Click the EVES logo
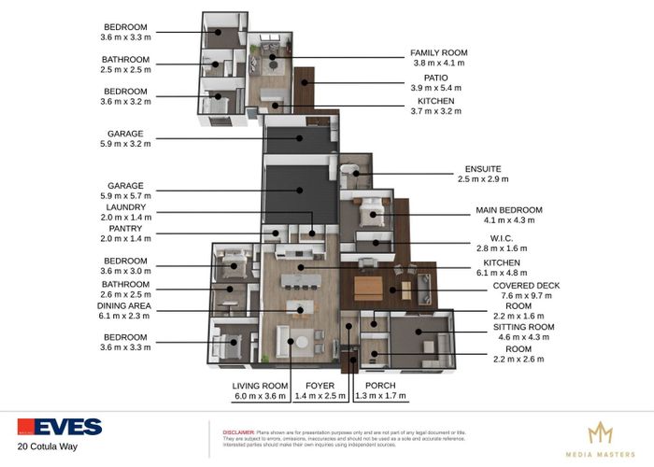(59, 427)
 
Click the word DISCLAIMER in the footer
(238, 433)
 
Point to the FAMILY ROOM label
(438, 52)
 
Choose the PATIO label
(435, 78)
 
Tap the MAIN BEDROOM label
(509, 210)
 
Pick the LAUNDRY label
(126, 206)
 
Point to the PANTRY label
(125, 229)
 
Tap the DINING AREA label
(125, 306)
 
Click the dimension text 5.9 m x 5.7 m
(125, 196)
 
